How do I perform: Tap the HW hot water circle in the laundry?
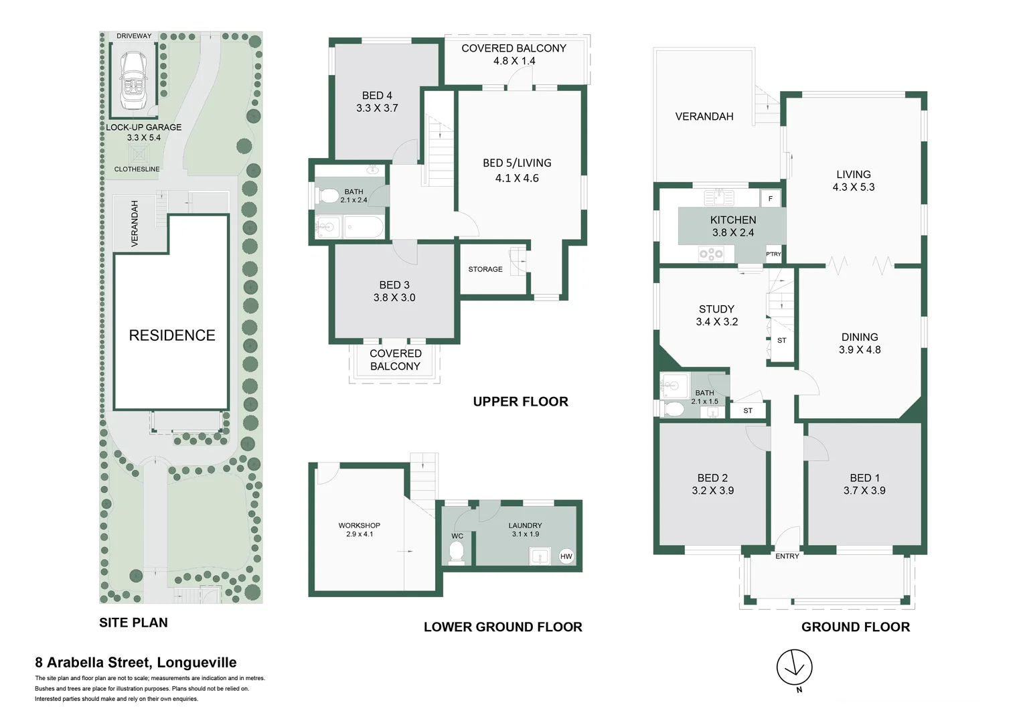[x=566, y=556]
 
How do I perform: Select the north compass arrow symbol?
[x=794, y=667]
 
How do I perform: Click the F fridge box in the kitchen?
[x=771, y=199]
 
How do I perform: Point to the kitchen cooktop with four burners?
[x=711, y=254]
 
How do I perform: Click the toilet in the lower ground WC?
[x=457, y=552]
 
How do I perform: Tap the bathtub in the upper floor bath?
[x=363, y=228]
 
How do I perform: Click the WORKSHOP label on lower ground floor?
[x=359, y=526]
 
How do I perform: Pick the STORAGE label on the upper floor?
[x=485, y=269]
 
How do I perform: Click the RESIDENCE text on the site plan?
[x=172, y=335]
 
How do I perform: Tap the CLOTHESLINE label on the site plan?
[x=137, y=169]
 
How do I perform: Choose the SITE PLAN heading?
[x=133, y=623]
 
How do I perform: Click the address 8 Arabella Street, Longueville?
[x=136, y=663]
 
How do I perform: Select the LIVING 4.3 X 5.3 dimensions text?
[x=854, y=187]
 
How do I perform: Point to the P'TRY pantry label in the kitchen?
[x=773, y=254]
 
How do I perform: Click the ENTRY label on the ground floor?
[x=787, y=556]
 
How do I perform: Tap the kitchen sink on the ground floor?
[x=719, y=197]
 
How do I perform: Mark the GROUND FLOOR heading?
[x=855, y=627]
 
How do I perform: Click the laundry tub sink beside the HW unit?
[x=540, y=556]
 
